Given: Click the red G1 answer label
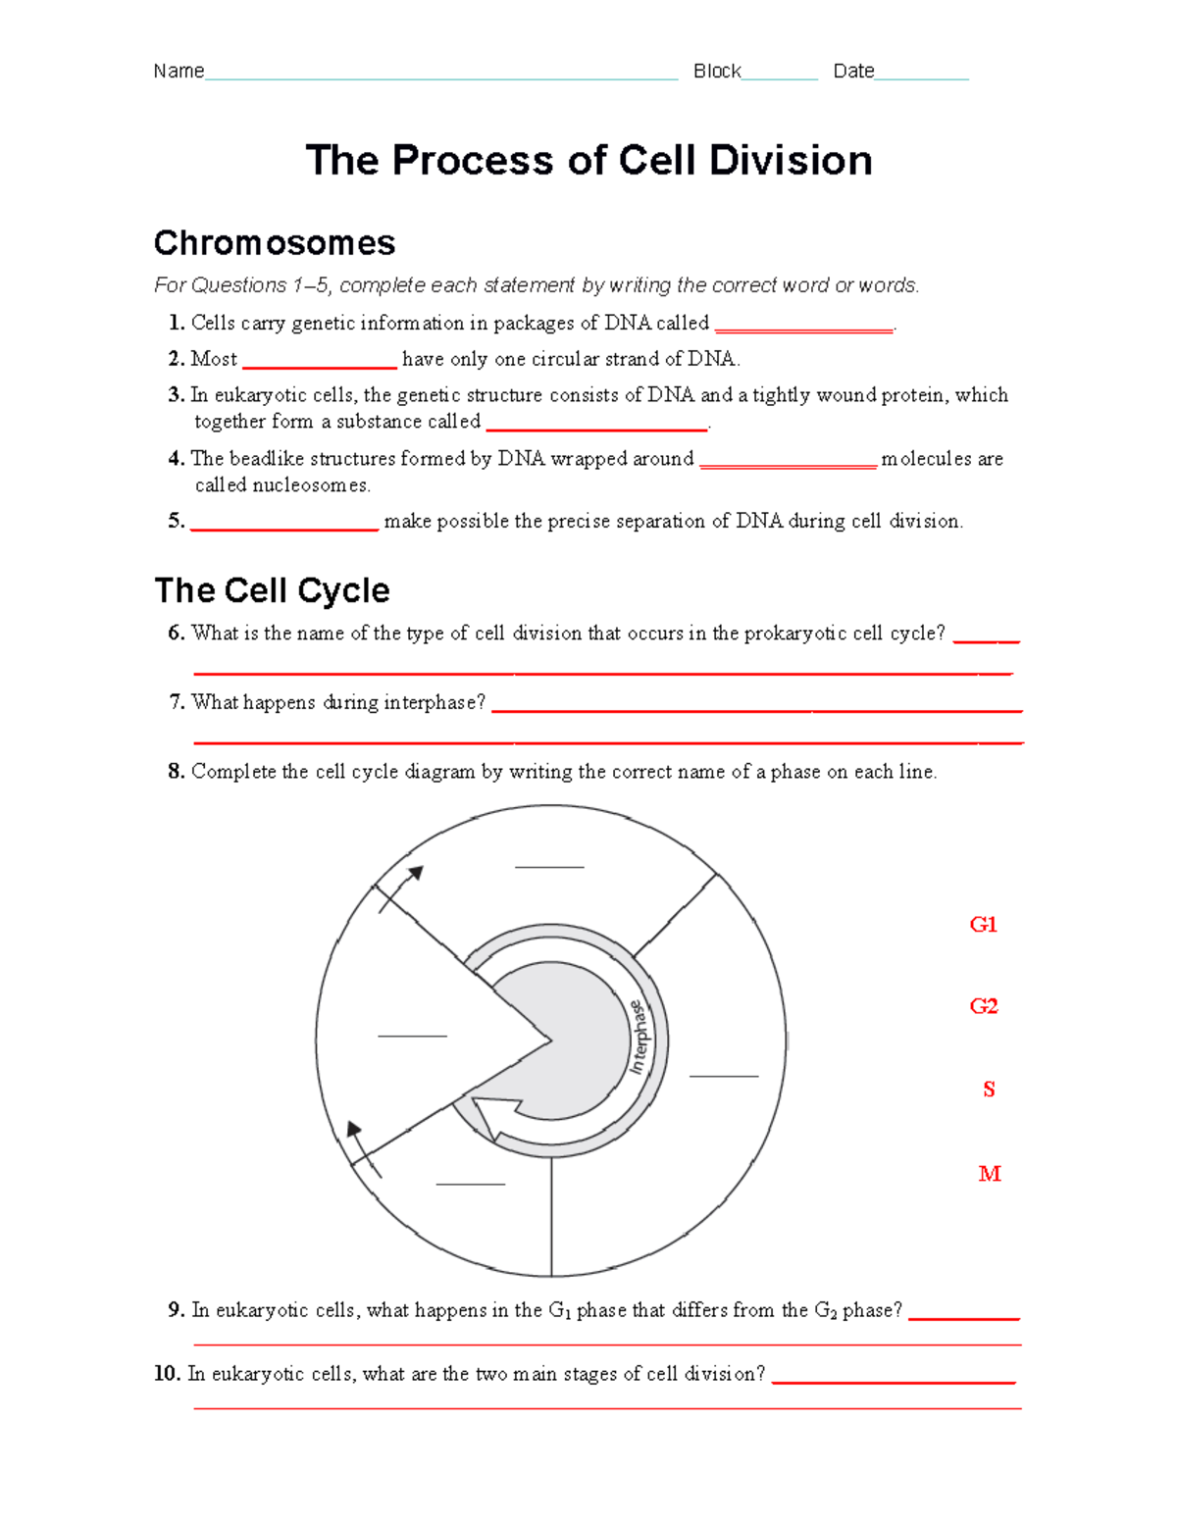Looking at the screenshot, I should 983,925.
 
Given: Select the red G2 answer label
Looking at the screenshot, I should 983,1006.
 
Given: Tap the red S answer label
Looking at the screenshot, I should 989,1090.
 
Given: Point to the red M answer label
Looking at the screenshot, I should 989,1174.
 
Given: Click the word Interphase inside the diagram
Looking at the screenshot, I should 639,1037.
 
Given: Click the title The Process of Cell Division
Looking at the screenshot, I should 588,160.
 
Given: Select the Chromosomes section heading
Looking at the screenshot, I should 275,242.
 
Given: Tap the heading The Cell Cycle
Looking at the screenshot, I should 272,590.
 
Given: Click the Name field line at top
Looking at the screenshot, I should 441,77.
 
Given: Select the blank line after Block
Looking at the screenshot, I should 780,77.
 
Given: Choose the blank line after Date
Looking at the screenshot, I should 921,77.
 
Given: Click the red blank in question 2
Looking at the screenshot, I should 320,367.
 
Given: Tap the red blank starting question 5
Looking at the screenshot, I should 284,529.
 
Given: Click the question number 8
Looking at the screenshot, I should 177,772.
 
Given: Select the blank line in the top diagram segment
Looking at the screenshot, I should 549,867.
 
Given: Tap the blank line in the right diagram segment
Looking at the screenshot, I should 724,1076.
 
